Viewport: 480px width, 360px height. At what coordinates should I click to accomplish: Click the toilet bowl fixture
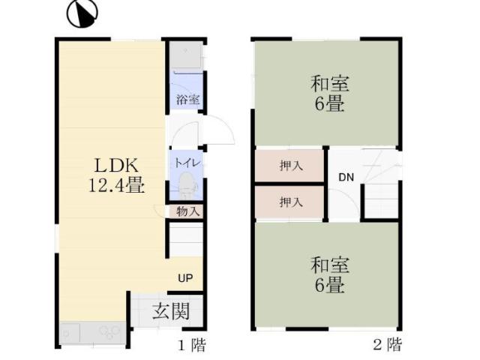click(185, 183)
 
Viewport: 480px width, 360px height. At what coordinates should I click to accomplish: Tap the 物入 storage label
click(187, 211)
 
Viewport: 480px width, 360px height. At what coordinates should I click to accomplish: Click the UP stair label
click(185, 278)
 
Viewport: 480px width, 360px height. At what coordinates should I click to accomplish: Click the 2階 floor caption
click(387, 346)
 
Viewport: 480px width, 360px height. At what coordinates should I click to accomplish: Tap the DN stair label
click(345, 178)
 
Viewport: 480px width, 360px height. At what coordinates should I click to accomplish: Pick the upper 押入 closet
click(290, 166)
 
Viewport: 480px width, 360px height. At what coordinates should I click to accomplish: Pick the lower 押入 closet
click(290, 202)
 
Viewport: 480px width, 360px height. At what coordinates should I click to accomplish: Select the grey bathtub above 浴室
click(184, 55)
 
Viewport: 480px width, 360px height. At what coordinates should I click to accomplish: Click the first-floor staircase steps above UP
click(185, 241)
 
